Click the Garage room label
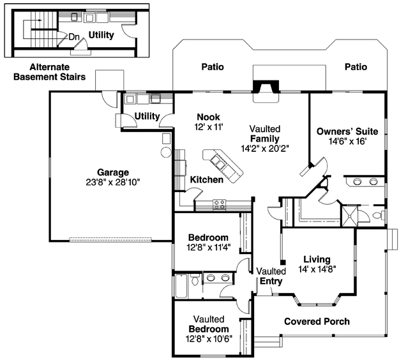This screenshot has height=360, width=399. (113, 172)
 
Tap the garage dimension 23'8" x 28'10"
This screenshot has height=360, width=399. (113, 182)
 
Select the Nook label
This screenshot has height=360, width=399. (208, 117)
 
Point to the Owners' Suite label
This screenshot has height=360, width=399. (347, 131)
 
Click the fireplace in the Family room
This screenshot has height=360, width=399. (266, 87)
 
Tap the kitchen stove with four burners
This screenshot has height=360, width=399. (220, 204)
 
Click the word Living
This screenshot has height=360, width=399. (317, 259)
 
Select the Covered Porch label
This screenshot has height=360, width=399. (317, 321)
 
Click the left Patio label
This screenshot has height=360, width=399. (213, 67)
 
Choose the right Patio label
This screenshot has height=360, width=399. (356, 67)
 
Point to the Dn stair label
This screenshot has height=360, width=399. (74, 37)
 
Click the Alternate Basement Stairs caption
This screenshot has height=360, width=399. (50, 72)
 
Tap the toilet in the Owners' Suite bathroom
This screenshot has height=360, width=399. (379, 215)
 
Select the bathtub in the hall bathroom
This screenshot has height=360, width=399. (182, 286)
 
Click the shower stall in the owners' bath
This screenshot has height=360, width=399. (349, 216)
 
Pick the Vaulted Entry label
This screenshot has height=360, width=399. (271, 276)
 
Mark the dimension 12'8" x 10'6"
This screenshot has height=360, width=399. (209, 339)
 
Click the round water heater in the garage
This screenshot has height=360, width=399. (166, 152)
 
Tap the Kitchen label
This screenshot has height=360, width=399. (207, 179)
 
